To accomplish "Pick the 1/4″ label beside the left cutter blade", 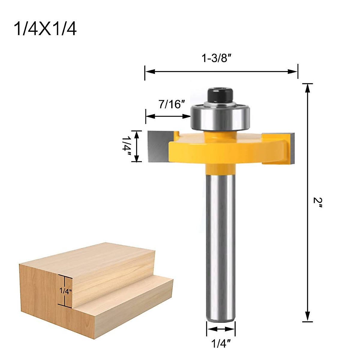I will (x=127, y=146).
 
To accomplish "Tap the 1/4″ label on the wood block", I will (x=66, y=291).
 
